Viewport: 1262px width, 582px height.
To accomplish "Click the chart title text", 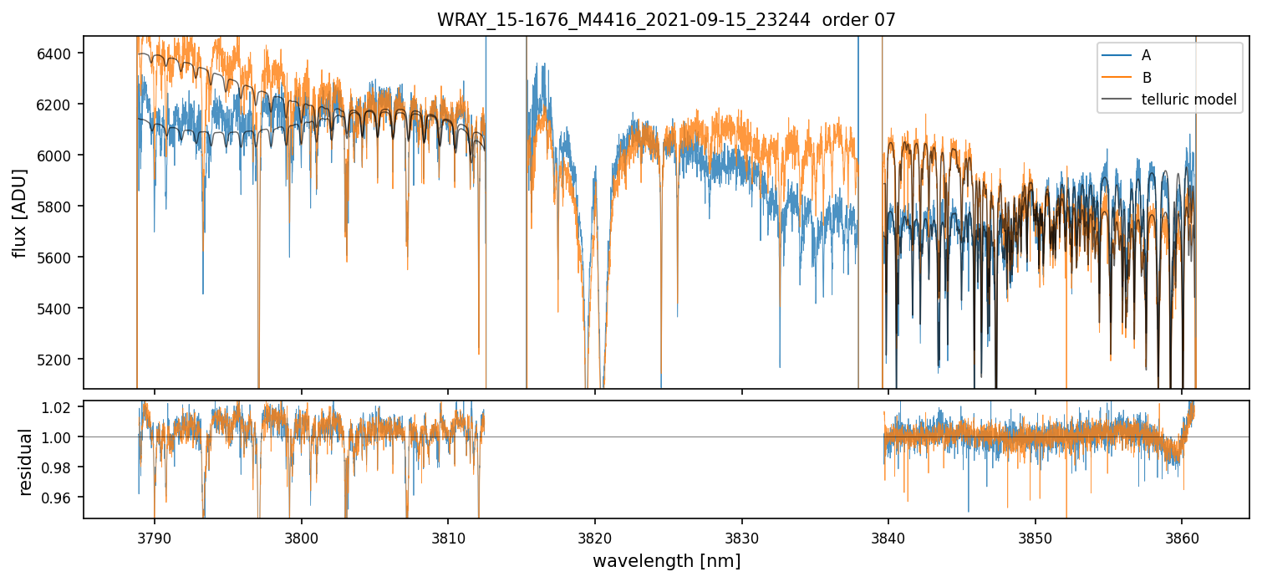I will click(x=666, y=20).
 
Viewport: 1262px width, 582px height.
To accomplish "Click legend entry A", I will click(x=1146, y=55).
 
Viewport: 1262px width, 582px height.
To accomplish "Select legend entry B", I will click(x=1147, y=78).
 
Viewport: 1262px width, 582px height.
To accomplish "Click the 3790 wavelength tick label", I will click(x=154, y=535).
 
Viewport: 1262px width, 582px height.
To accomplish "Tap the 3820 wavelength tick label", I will click(x=594, y=535).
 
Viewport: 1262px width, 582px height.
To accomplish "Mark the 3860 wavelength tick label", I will click(x=1181, y=535).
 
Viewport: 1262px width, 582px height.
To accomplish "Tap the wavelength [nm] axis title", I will click(x=666, y=561).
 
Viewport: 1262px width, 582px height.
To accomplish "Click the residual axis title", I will click(x=25, y=462).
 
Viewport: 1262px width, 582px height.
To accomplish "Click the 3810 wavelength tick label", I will click(x=447, y=535).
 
